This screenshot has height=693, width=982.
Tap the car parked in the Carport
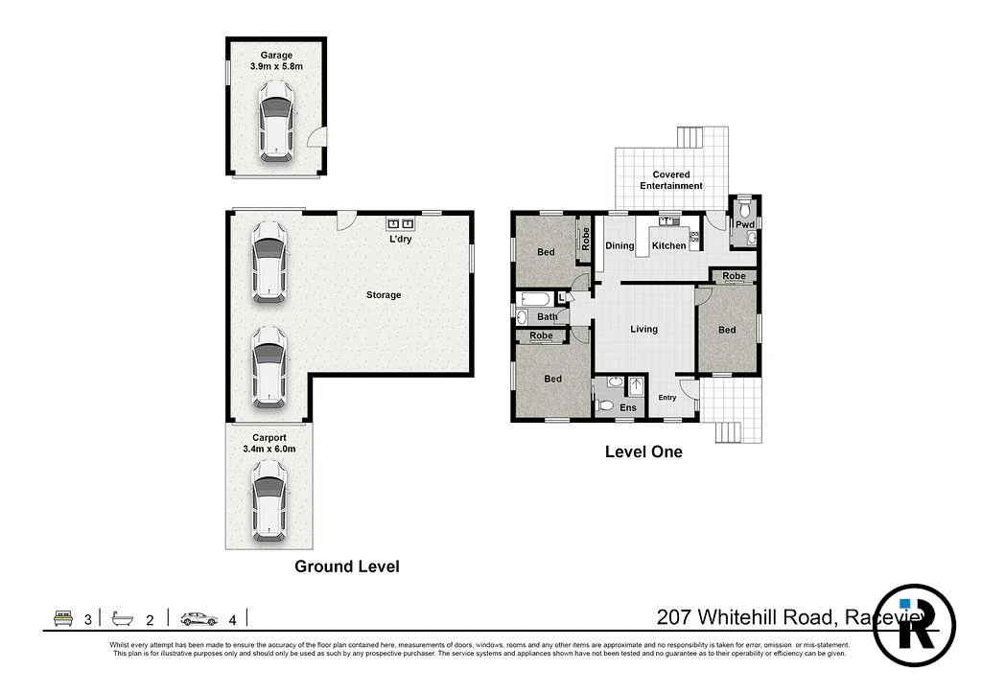[269, 498]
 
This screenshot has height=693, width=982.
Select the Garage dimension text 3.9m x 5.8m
[275, 66]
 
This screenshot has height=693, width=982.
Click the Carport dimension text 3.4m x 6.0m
[269, 448]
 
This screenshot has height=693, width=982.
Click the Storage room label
[383, 295]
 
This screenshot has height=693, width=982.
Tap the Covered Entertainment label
[671, 180]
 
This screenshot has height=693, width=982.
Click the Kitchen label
[668, 246]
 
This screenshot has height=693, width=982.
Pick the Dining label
[620, 246]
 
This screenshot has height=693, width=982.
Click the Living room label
[643, 330]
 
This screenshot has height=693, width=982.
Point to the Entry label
[666, 398]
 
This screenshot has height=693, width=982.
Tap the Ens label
[627, 408]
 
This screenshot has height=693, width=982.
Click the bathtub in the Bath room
[532, 300]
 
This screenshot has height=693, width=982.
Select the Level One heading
[643, 451]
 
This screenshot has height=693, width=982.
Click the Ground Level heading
[346, 566]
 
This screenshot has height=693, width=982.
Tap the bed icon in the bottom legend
[64, 618]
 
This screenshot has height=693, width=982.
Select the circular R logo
[914, 625]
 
